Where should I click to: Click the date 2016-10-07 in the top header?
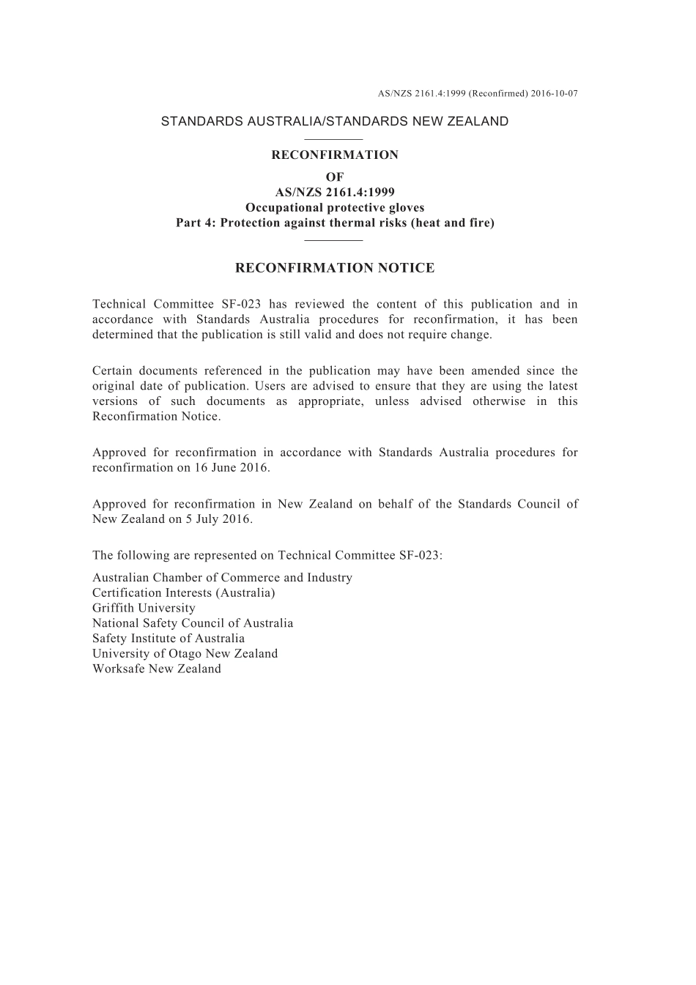click(554, 94)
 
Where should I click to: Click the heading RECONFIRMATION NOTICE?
click(335, 268)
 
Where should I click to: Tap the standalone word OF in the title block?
click(335, 177)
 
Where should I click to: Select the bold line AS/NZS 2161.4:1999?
click(335, 193)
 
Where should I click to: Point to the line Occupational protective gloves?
click(335, 207)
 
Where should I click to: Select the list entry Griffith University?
click(144, 608)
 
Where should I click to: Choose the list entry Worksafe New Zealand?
click(156, 669)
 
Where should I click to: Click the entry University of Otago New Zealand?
click(185, 653)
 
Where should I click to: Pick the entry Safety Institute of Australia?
click(169, 638)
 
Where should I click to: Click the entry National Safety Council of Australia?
click(193, 623)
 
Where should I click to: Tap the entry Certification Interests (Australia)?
click(183, 592)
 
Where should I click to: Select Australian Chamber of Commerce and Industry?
click(222, 578)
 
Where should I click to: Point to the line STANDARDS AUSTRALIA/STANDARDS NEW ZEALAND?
click(334, 122)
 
